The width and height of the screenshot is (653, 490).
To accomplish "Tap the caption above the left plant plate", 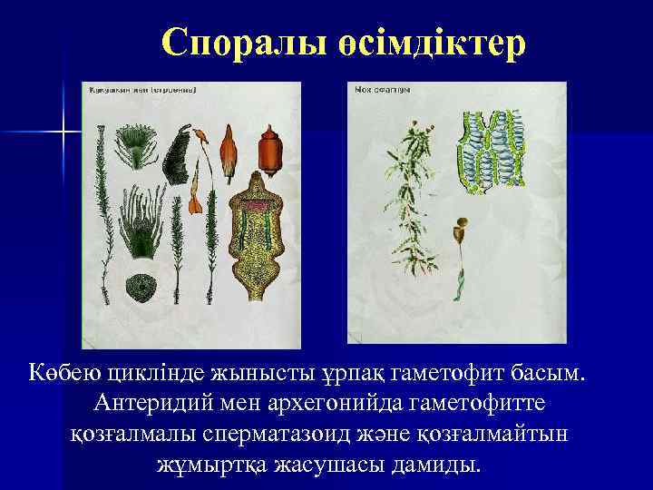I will pyautogui.click(x=144, y=90).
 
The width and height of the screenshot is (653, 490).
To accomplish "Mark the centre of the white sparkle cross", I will pyautogui.click(x=64, y=133).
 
